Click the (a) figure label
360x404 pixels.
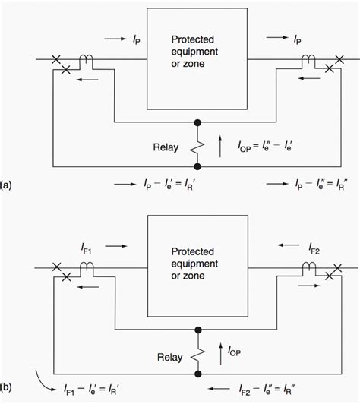(6, 185)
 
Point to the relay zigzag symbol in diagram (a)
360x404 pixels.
(198, 143)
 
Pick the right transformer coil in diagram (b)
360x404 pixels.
(311, 267)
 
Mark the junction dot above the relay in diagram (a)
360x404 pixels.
(198, 122)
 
